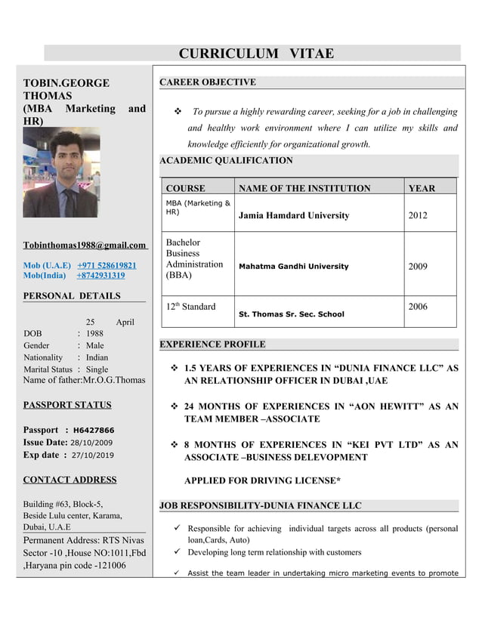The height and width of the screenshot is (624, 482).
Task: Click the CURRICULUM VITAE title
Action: tap(256, 54)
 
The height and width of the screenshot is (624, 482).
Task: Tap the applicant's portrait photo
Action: tap(60, 172)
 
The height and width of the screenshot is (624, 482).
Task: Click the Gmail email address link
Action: tap(85, 245)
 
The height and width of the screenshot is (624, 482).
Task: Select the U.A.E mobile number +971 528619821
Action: tap(107, 266)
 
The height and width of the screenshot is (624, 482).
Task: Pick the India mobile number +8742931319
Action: tap(100, 276)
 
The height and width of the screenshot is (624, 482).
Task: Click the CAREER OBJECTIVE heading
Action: tap(208, 82)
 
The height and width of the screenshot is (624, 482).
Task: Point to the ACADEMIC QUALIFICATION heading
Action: tap(226, 161)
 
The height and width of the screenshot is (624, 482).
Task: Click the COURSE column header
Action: tap(185, 188)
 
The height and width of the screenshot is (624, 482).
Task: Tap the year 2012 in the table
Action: tap(418, 215)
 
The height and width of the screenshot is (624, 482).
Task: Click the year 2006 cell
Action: tap(418, 307)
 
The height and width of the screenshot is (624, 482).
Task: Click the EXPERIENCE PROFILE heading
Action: tap(212, 344)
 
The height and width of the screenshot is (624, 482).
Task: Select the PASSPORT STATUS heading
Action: tap(67, 405)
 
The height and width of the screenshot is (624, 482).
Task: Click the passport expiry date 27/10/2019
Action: tap(93, 456)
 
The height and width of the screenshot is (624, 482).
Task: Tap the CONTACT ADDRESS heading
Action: tap(70, 480)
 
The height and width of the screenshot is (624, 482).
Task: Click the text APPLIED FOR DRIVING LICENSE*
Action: tap(262, 480)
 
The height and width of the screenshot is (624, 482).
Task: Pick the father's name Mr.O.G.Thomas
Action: tap(114, 380)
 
